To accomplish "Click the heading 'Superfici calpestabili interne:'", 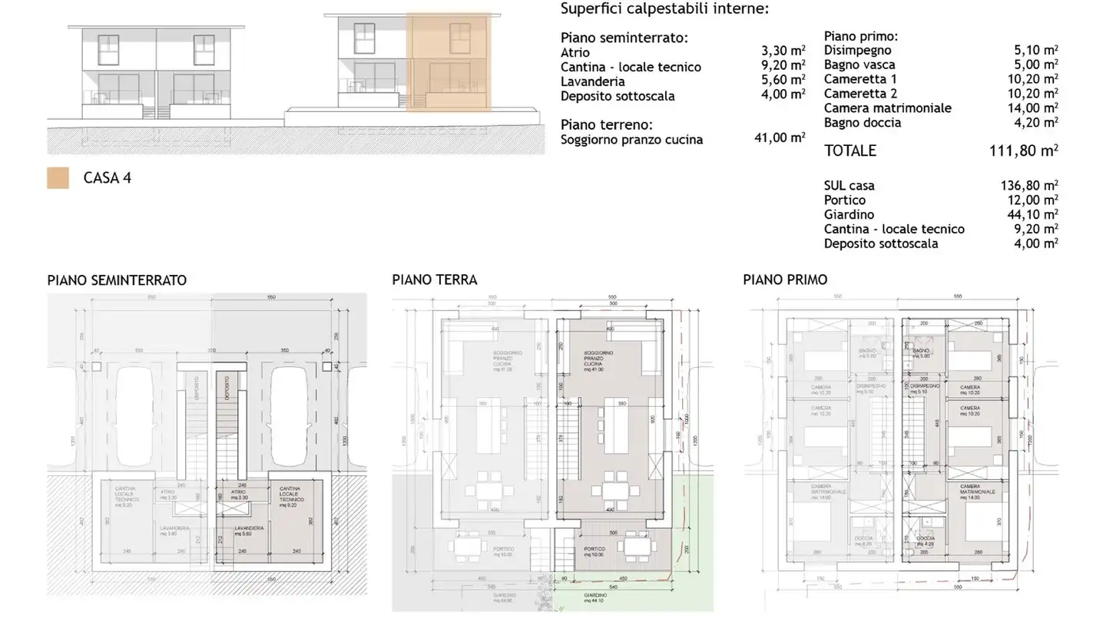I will tap(664, 9).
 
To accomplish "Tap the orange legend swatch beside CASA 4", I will tap(58, 178).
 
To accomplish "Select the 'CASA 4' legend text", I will tap(107, 178).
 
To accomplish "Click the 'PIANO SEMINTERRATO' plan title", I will tap(117, 280).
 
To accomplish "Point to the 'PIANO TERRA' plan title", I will tap(434, 280).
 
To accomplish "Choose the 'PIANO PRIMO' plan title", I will tap(785, 280).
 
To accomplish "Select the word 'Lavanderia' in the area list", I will tap(592, 81).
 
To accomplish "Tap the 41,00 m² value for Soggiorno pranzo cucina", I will tap(780, 138).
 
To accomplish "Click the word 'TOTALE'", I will tap(849, 151).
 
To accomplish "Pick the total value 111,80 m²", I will tap(1024, 151).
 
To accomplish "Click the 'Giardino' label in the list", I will tap(849, 214).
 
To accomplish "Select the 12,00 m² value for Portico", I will tap(1032, 200).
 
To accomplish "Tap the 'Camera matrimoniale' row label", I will tap(887, 108).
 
